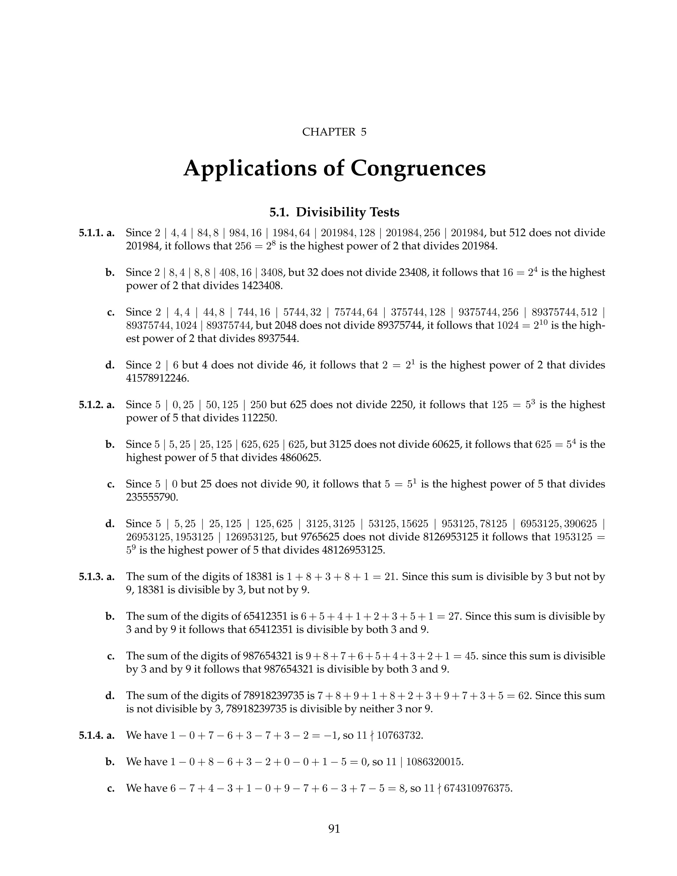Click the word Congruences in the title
tap(418, 168)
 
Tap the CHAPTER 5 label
tap(334, 132)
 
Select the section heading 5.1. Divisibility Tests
tap(334, 212)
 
